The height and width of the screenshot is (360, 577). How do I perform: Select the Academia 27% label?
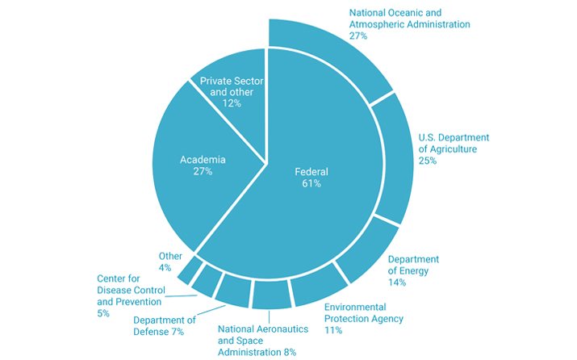pos(202,165)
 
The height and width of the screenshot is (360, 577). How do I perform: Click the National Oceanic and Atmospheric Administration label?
pos(408,24)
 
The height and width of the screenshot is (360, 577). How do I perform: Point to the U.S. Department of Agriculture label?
pos(454,149)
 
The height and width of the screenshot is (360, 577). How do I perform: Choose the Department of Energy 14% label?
pos(413,270)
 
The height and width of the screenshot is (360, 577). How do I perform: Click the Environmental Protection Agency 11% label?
pos(363,318)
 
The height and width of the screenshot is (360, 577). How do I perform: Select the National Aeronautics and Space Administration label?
pos(257,340)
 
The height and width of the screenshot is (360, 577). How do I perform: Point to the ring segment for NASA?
pos(271,295)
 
